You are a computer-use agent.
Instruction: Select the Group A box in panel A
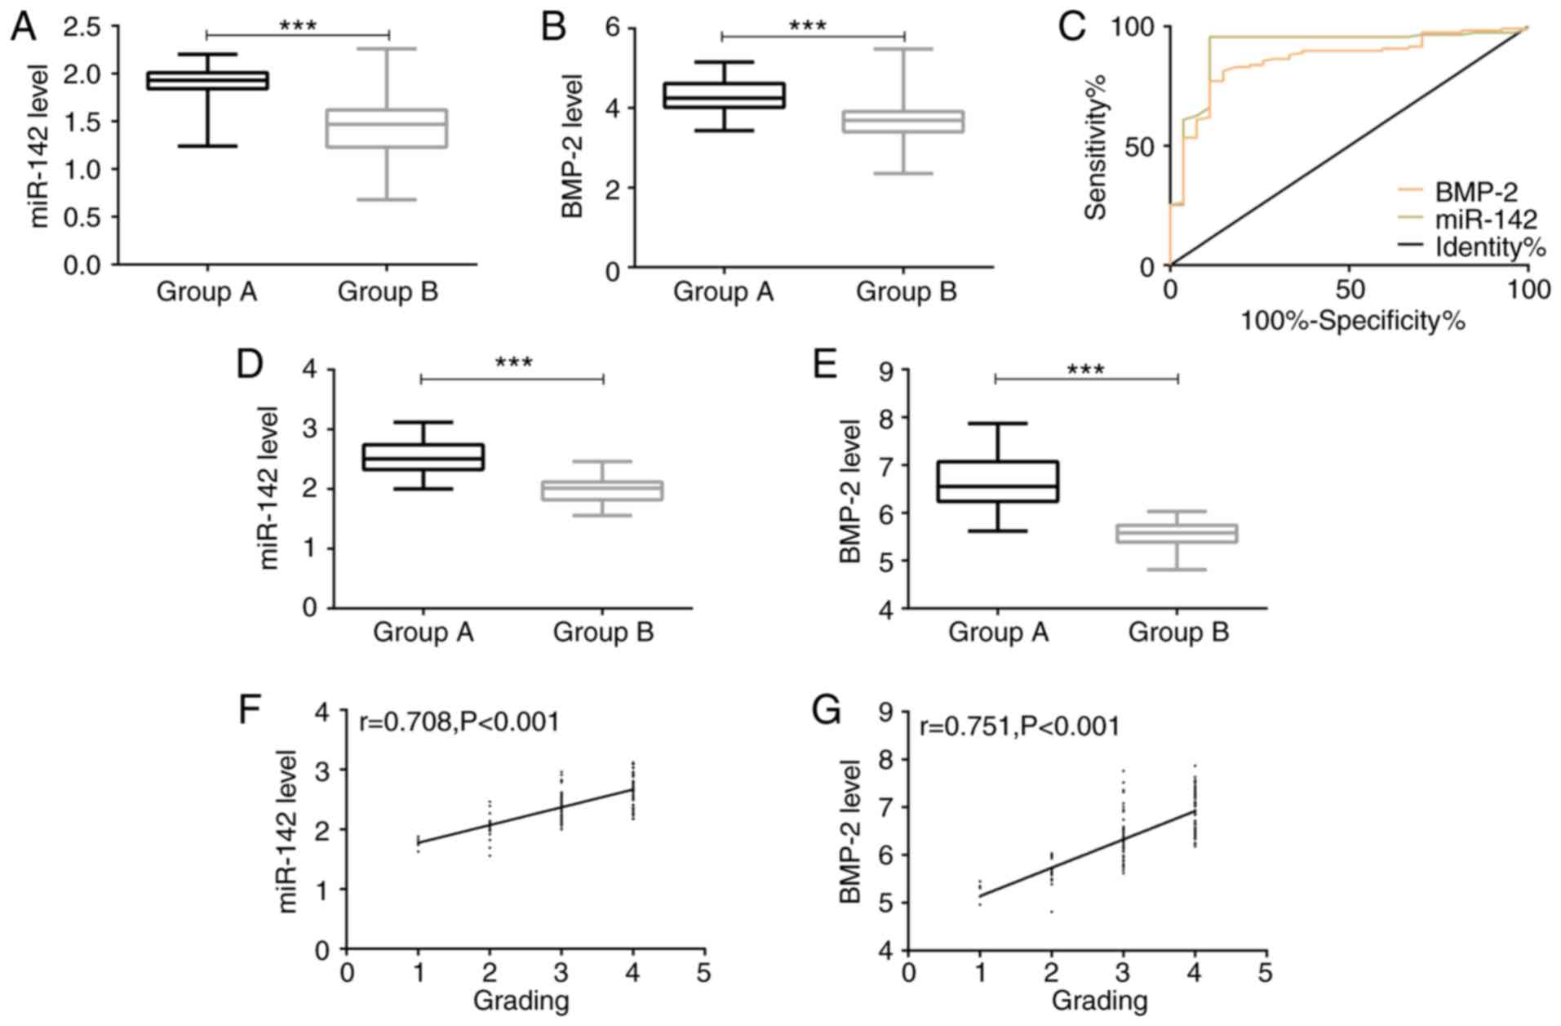(207, 80)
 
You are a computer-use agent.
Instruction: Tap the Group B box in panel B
(903, 121)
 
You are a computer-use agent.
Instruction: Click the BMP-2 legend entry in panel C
(1475, 193)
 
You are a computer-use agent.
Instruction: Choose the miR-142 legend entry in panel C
(1485, 219)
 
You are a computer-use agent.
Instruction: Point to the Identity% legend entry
(1490, 246)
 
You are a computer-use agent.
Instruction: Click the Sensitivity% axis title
(1098, 147)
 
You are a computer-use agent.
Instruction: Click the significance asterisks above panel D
(513, 362)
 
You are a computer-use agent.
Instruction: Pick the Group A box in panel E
(997, 482)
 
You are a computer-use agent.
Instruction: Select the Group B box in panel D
(602, 491)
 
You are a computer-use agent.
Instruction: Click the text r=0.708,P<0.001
(459, 722)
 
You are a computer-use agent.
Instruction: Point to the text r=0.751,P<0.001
(1019, 726)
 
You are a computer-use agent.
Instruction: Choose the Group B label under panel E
(1177, 633)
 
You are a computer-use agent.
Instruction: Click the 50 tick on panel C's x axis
(1350, 290)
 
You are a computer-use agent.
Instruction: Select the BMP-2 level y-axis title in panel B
(574, 147)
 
